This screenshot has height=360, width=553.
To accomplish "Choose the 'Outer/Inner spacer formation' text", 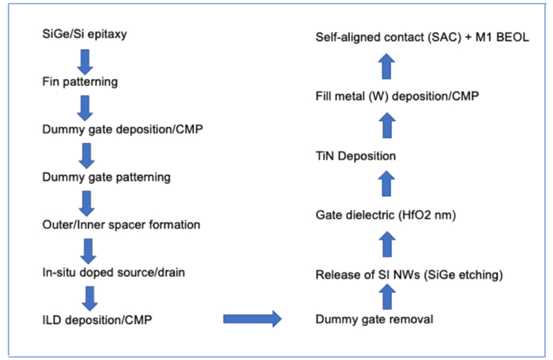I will coord(120,224).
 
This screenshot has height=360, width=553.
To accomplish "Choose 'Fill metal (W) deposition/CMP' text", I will coord(395,96).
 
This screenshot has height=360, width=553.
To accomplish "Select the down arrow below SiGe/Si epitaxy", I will coord(86,59).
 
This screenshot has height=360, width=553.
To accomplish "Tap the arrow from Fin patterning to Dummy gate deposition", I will coord(86,106).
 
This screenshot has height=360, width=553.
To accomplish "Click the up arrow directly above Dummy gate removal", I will coord(386,297).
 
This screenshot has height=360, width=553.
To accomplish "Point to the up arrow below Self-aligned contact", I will coord(386,66).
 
